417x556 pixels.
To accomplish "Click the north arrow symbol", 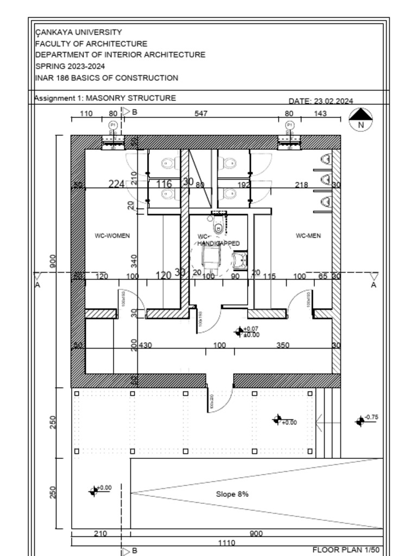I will point(361,119).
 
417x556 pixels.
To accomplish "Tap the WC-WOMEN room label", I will point(112,236).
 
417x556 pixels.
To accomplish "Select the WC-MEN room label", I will point(308,236).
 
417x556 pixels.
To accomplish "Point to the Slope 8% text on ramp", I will point(232,495).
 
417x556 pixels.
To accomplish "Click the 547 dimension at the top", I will point(201,113).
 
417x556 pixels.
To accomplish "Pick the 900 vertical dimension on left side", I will point(53,261).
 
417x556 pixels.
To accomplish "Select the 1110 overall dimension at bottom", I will point(226,542).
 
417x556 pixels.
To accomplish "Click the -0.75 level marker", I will point(371,417).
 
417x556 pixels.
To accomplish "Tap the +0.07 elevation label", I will point(251,329).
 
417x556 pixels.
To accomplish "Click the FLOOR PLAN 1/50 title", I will point(346,550).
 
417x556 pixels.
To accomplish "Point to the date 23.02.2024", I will point(320,101).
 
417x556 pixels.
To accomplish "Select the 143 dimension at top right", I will point(320,113).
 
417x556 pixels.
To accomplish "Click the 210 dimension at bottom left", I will point(100,534).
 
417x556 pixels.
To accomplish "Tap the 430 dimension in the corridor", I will point(146,345).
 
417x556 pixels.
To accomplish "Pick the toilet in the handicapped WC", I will point(218,227).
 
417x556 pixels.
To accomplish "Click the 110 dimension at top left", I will point(86,113).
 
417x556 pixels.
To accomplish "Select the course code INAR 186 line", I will point(106,78).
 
